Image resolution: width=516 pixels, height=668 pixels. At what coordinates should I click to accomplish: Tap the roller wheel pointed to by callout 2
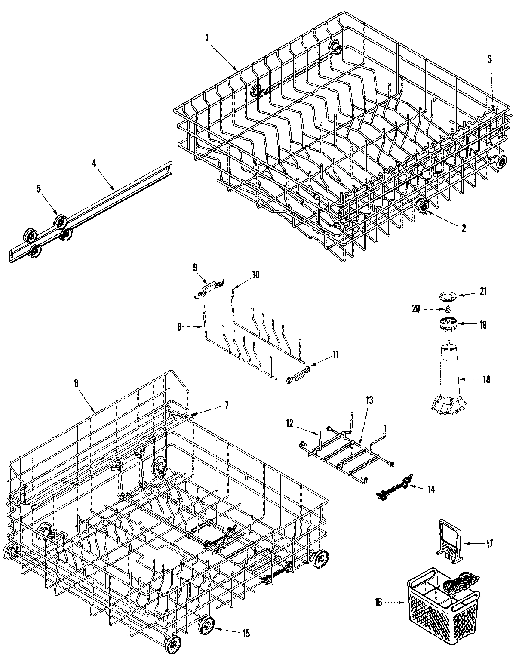click(424, 207)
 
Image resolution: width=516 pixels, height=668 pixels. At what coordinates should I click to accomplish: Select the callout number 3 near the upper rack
click(490, 60)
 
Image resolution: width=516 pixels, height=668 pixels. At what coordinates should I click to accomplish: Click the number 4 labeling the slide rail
click(94, 163)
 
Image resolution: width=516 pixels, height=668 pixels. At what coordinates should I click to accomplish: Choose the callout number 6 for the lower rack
click(76, 384)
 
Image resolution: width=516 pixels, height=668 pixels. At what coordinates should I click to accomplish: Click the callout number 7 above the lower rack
click(226, 405)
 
